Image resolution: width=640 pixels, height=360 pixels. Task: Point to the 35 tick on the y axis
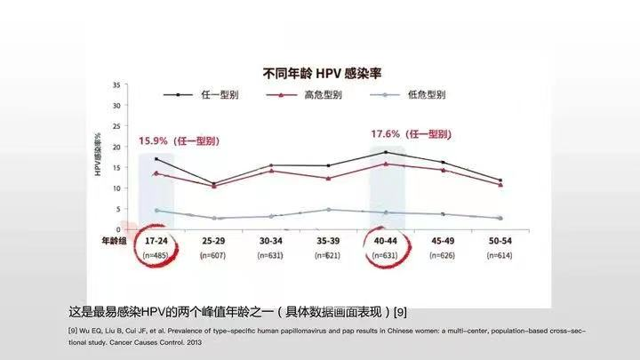point(116,85)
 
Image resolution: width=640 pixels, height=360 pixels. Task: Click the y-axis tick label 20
point(116,147)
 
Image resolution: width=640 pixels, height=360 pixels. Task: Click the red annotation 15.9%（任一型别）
point(178,140)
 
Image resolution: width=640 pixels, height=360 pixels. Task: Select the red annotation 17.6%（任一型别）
point(410,133)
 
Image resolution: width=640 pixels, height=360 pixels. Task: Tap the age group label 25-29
point(213,241)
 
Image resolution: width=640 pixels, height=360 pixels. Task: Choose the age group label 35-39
point(328,241)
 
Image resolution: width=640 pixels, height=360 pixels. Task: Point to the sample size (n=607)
point(213,255)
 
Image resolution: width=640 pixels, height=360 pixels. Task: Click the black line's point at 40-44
point(385,153)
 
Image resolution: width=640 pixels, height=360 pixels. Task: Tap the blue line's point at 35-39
point(328,210)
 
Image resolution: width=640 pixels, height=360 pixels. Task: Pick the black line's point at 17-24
point(156,159)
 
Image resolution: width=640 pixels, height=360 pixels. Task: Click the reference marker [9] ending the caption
point(401,313)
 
